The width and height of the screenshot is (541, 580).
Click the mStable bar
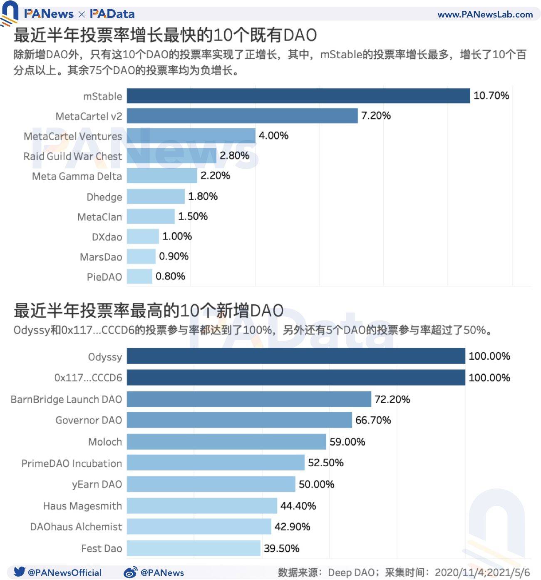pos(298,96)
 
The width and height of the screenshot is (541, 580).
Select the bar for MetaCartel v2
pos(242,116)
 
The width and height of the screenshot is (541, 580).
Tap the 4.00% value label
pos(273,136)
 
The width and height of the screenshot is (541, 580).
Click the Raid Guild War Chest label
pos(73,156)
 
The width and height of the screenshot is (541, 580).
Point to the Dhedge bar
pos(155,197)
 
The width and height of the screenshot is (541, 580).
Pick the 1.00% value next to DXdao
pos(177,236)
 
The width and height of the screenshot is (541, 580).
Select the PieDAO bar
pos(139,276)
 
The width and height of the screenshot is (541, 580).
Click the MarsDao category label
pos(101,257)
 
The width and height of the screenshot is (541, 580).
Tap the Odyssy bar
pos(295,356)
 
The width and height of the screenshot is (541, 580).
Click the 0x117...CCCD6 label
pos(88,378)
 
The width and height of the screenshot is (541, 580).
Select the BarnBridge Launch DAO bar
pos(248,399)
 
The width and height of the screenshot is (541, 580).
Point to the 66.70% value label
pos(373,421)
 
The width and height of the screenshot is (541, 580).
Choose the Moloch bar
pos(226,442)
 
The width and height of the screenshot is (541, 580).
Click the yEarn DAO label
pos(97,484)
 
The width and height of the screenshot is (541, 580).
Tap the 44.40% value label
pos(298,506)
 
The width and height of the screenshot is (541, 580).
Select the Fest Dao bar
pos(193,548)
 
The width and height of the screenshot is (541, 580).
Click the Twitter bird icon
pos(19,572)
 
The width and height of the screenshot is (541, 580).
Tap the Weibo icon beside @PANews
pos(130,573)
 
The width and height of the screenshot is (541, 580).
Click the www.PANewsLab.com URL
pos(485,15)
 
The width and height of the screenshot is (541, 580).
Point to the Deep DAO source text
pos(351,573)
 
